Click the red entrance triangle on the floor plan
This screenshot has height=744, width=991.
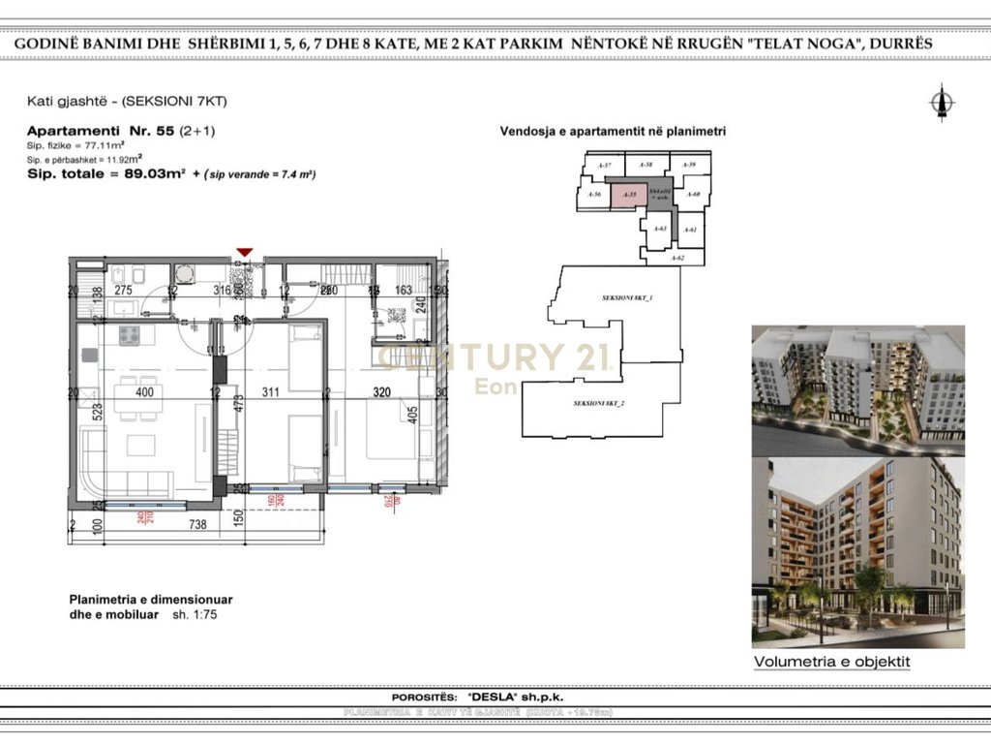pos(245,253)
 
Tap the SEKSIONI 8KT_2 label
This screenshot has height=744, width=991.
pos(601,403)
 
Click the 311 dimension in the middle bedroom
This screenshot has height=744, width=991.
pos(269,393)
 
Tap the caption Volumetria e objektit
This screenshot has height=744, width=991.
pos(832,663)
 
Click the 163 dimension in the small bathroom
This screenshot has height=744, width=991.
pos(403,290)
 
